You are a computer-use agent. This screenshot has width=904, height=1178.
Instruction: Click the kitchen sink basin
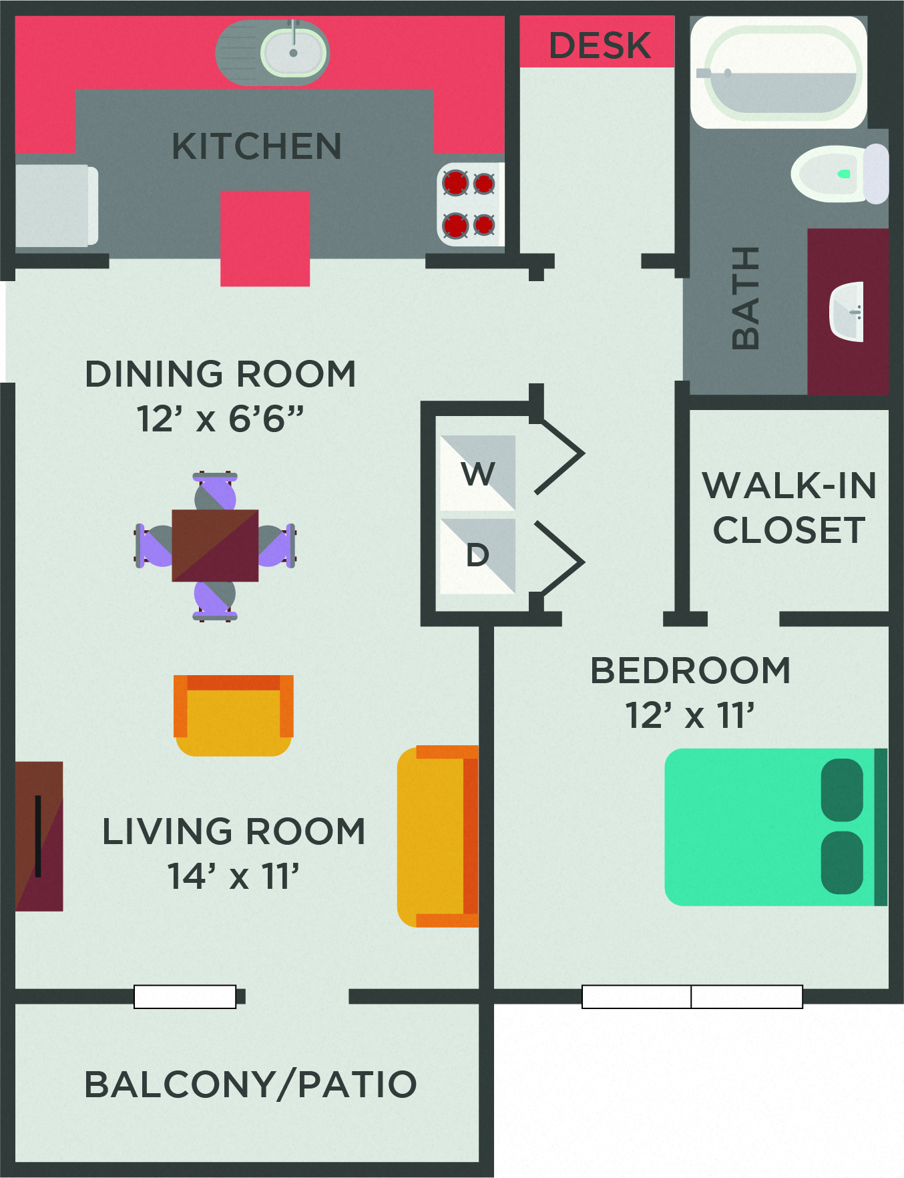[x=294, y=52]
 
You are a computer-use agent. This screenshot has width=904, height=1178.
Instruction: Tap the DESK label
[x=599, y=45]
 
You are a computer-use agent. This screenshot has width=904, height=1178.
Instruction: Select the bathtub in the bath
[x=778, y=73]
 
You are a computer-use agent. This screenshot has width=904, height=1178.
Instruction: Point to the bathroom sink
[x=847, y=312]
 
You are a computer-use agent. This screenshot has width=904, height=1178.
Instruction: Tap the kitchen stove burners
[x=470, y=204]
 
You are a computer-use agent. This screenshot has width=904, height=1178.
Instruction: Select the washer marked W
[x=477, y=473]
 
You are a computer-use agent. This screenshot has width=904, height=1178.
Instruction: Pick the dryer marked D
[x=477, y=556]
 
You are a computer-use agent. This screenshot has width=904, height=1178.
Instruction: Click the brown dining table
[x=215, y=546]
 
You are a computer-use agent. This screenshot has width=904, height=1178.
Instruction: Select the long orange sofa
[x=437, y=836]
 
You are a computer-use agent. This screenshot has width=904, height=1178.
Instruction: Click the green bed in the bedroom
[x=768, y=827]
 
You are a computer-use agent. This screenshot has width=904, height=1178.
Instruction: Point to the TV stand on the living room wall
[x=39, y=836]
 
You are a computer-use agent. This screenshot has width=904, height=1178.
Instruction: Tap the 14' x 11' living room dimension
[x=233, y=876]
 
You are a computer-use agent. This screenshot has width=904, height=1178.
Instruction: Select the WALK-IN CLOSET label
[x=788, y=508]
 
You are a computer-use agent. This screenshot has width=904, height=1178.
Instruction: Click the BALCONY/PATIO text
[x=250, y=1084]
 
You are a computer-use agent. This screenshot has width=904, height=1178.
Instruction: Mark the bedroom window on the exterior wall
[x=692, y=996]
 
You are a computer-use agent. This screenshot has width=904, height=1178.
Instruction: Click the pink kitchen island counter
[x=265, y=238]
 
